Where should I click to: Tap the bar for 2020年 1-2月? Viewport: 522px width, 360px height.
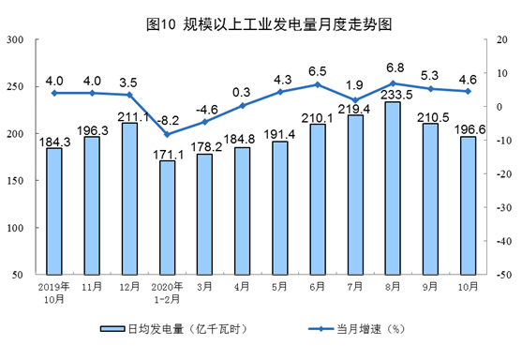coord(167,217)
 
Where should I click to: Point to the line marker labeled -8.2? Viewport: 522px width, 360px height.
coord(167,134)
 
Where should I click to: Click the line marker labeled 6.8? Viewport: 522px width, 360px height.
coord(392,83)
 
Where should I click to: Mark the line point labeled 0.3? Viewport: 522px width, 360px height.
coord(242,105)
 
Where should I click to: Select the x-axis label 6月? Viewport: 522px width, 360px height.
coord(317,287)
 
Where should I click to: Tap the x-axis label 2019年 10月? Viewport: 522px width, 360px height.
coord(54,292)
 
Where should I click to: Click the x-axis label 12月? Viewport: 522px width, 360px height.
coord(129,287)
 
